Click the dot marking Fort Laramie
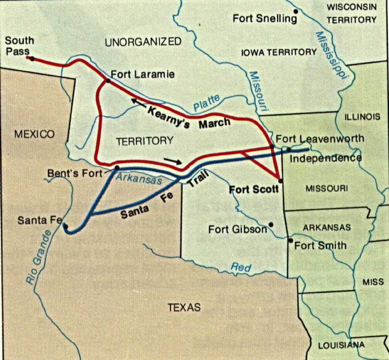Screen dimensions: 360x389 pyautogui.click(x=108, y=81)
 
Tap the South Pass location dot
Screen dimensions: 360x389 pyautogui.click(x=32, y=59)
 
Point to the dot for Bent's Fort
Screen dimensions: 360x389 pyautogui.click(x=117, y=168)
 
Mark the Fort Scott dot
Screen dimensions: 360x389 pyautogui.click(x=280, y=180)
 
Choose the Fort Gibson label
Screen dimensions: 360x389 pyautogui.click(x=237, y=229)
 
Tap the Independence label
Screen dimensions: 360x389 pyautogui.click(x=327, y=158)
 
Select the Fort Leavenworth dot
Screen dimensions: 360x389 pyautogui.click(x=272, y=146)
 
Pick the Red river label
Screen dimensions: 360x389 pyautogui.click(x=241, y=267)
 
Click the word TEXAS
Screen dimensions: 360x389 pyautogui.click(x=184, y=307)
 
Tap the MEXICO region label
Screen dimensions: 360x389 pyautogui.click(x=34, y=134)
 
